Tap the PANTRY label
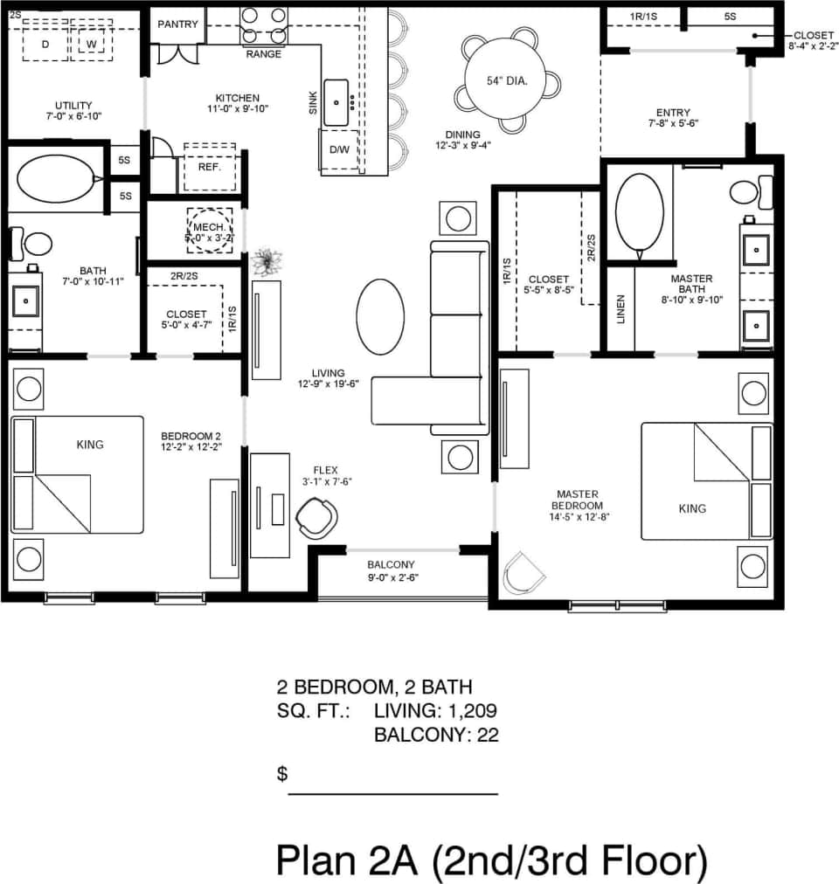point(177,24)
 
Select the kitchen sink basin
point(336,102)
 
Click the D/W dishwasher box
point(339,149)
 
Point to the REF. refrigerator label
point(209,166)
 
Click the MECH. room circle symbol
point(211,231)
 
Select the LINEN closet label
point(621,309)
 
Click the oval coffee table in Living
point(380,316)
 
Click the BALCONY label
point(391,564)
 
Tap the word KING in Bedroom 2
point(90,445)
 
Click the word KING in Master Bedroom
point(692,508)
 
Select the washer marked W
point(91,43)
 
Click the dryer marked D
point(45,43)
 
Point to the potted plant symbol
point(265,261)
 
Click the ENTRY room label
point(673,113)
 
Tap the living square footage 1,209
point(473,711)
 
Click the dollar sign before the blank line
point(282,773)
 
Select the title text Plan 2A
point(350,860)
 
